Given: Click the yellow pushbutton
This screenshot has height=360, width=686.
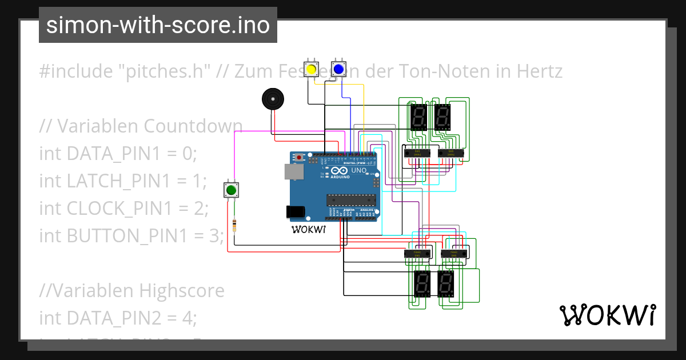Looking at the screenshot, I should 312,70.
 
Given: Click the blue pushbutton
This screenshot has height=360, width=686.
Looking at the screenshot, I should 338,70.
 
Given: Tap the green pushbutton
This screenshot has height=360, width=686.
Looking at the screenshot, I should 231,190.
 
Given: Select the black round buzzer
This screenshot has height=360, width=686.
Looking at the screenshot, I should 273,99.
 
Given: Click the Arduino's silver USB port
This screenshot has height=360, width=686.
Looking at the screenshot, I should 292,171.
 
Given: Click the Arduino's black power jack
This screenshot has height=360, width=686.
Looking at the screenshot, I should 295,212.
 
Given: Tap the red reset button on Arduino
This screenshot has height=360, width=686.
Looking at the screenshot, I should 299,157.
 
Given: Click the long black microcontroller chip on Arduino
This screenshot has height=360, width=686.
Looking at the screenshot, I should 351,199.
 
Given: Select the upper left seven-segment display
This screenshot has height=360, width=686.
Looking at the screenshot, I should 418,118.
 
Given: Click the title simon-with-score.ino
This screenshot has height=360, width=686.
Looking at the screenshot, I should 158,25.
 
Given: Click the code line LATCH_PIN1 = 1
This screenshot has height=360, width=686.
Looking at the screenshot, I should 122,181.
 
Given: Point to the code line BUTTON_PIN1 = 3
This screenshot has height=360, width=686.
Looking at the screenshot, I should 131,234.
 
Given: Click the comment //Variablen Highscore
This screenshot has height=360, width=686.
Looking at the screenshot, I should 131,291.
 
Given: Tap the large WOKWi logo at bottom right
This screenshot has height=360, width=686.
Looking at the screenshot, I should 607,315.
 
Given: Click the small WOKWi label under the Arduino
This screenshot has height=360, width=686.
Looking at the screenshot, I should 308,230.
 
